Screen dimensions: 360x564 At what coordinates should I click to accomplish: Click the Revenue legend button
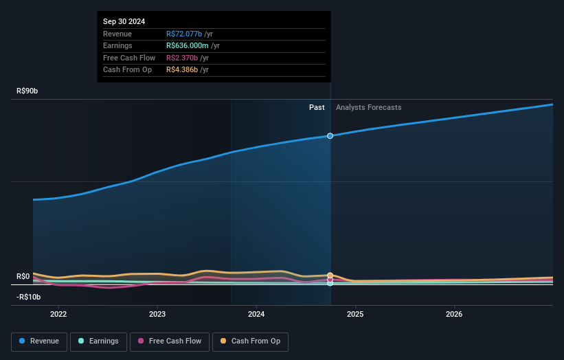click(x=39, y=341)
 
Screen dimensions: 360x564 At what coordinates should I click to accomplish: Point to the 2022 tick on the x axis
click(x=58, y=315)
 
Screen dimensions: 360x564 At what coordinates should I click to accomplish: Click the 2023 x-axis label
click(x=157, y=315)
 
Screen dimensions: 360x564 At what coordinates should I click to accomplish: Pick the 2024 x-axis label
click(x=256, y=315)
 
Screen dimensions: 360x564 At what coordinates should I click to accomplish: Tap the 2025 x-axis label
click(x=355, y=315)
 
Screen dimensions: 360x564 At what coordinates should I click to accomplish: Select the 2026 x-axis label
click(x=454, y=315)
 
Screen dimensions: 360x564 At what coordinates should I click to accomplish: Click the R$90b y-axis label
click(x=28, y=91)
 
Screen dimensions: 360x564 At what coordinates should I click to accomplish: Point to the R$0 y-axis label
click(x=23, y=276)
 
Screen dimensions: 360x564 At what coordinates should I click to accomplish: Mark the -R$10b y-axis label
click(x=29, y=297)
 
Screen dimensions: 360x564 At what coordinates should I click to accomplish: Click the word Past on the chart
click(x=317, y=107)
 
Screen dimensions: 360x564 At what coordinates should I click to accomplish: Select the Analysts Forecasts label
click(x=368, y=107)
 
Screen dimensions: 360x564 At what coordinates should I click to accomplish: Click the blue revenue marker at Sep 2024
click(x=330, y=136)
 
